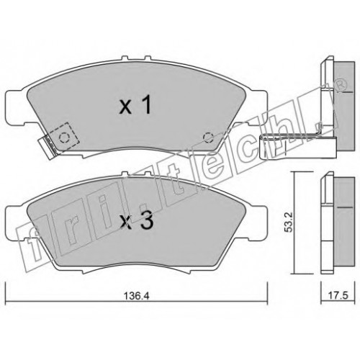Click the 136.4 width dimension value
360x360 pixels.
click(136, 296)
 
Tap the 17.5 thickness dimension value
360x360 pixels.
click(338, 295)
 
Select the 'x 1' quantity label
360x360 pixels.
click(135, 104)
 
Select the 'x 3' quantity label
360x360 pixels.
click(136, 221)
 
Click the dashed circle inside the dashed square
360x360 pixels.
click(64, 138)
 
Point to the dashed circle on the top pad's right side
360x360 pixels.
click(208, 138)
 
